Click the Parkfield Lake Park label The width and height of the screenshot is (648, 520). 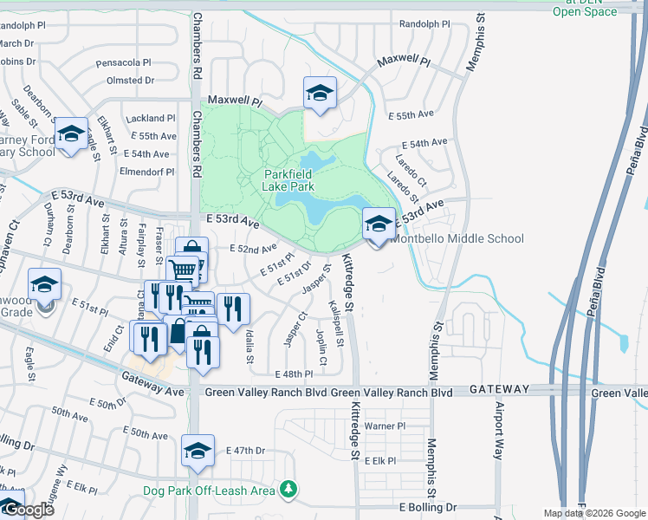tap(288, 179)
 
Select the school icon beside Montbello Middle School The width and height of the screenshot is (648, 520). tap(378, 224)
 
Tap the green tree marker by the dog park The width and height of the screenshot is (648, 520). tap(288, 491)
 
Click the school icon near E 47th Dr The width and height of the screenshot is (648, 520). tap(198, 452)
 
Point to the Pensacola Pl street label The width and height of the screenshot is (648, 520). tap(123, 63)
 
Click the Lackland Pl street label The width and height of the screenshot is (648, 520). tap(150, 118)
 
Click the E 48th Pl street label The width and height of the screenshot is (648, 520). tap(293, 374)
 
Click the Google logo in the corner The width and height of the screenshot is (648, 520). tap(28, 510)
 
